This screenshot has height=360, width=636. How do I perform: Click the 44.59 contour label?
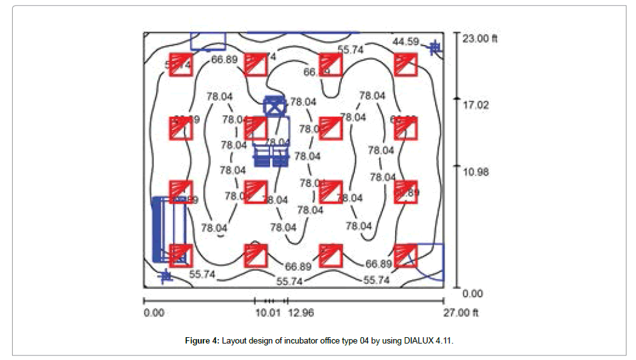(x=406, y=41)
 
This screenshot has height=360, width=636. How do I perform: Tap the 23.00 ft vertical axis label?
(x=480, y=38)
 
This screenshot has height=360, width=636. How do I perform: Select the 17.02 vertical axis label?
(x=475, y=105)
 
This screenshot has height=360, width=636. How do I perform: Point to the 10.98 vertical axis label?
(x=475, y=172)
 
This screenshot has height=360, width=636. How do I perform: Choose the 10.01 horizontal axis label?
(x=267, y=312)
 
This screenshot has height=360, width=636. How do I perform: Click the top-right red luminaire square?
(x=405, y=65)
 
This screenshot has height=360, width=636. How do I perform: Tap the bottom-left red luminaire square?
(x=180, y=255)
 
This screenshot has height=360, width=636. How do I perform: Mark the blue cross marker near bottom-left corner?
(x=165, y=276)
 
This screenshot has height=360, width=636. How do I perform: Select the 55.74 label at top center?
(x=351, y=49)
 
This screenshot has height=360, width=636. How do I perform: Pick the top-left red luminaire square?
(x=180, y=65)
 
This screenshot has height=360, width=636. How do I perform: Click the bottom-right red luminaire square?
(x=405, y=255)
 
